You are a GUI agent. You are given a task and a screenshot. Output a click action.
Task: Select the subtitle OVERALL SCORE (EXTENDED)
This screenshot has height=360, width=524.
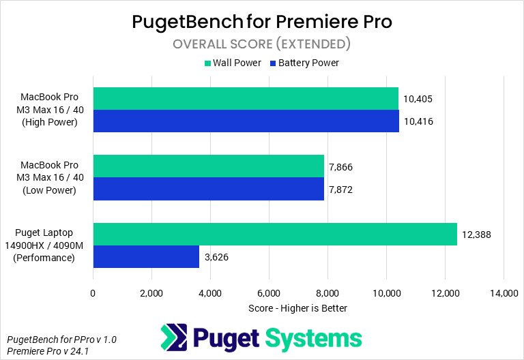point(261,44)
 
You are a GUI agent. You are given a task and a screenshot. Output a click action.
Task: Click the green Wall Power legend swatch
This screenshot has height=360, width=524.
point(207,63)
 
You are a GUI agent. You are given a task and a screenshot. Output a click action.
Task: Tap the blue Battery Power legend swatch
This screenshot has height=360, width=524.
point(273,63)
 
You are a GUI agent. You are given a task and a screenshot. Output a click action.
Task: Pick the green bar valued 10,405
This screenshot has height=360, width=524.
point(246,99)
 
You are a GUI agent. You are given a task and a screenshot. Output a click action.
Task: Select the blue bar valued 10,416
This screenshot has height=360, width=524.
point(246,121)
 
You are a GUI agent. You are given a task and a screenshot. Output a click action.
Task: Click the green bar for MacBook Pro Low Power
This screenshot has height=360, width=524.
point(208,166)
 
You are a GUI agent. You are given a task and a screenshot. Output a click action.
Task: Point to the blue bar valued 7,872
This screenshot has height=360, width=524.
point(208,189)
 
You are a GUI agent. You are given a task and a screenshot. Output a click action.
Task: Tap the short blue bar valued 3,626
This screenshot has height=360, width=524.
point(146,256)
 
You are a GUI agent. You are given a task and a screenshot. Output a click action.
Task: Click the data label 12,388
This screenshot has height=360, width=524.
point(477,235)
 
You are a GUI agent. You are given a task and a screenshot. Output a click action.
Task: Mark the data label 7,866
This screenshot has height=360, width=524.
point(340,167)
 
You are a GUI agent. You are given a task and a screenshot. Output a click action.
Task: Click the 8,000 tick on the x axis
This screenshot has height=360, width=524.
point(327,293)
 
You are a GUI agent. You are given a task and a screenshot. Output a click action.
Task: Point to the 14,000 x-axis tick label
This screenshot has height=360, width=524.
point(504,293)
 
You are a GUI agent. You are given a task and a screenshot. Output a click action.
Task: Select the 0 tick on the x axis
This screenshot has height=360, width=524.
point(93,293)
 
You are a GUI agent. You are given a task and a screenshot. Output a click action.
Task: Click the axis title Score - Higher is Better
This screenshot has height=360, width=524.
point(298,308)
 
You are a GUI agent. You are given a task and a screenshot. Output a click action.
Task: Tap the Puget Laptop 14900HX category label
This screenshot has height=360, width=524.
point(50,245)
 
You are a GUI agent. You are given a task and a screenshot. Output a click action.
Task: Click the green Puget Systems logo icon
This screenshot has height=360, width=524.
point(173,337)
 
